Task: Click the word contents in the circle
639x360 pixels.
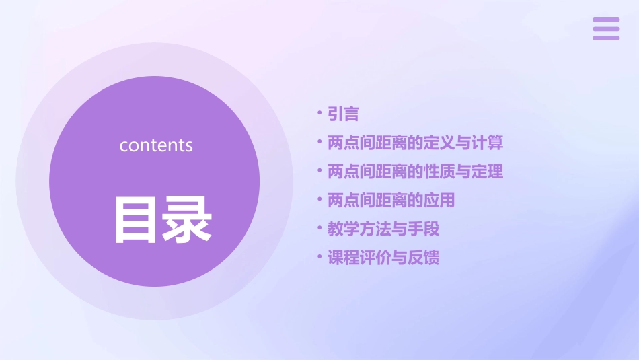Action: [156, 145]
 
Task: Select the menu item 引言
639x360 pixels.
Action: [343, 114]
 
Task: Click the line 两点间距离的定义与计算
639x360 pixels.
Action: [415, 143]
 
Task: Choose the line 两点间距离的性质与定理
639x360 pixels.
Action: [415, 172]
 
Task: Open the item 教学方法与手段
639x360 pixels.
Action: [383, 229]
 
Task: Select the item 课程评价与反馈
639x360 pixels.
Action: [383, 258]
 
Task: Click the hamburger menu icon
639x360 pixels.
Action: [606, 29]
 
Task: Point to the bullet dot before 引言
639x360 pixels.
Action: [319, 114]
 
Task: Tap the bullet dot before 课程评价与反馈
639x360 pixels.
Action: [319, 257]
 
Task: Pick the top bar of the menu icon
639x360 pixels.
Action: [606, 20]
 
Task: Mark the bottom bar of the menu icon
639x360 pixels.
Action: [606, 38]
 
